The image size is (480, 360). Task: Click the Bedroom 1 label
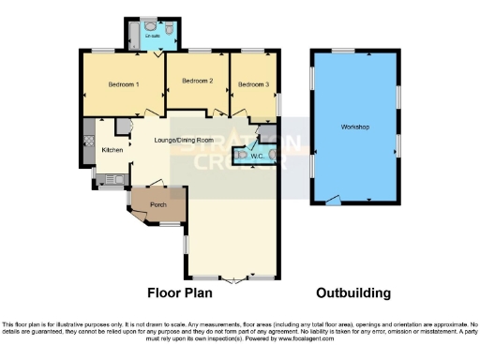tap(123, 84)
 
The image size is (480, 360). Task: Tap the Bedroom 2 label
tap(198, 82)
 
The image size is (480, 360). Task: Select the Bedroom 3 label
tap(253, 84)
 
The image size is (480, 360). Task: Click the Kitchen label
tap(112, 151)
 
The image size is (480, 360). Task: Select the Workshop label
tap(355, 127)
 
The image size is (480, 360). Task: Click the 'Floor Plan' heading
tap(184, 292)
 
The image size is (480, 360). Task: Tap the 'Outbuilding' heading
tap(353, 292)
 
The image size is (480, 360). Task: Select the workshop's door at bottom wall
tap(329, 202)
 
